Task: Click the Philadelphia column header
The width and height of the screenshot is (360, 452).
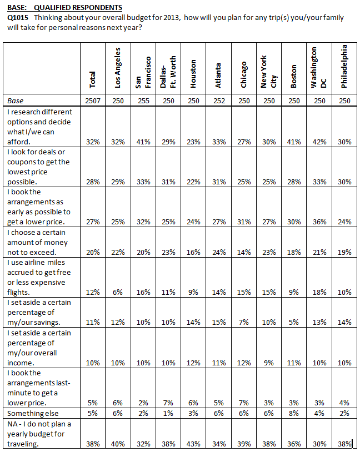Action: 344,66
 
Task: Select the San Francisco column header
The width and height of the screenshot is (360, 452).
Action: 143,72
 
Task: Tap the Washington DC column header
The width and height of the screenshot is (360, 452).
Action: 318,67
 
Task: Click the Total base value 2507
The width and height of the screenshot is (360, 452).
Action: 93,101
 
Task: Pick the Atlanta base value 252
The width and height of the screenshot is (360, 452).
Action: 219,101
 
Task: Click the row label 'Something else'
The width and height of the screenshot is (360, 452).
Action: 33,413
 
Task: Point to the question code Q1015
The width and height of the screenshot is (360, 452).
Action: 18,18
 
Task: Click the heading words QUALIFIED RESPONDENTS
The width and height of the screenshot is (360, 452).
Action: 78,7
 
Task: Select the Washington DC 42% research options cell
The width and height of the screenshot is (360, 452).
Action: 319,142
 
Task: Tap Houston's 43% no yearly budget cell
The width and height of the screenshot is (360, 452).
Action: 193,444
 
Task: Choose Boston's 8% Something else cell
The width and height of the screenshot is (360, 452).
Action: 294,413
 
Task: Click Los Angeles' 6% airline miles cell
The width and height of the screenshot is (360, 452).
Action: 118,292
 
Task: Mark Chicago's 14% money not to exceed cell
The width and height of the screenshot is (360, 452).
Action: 244,252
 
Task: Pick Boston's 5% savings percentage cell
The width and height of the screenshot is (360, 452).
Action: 294,322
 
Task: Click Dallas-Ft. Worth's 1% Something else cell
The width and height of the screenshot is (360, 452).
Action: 168,413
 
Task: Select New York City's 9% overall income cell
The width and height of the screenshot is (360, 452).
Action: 268,363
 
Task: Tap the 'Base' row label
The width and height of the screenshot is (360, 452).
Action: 16,101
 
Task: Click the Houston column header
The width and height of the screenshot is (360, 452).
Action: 193,74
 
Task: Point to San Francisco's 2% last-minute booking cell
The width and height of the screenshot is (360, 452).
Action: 143,403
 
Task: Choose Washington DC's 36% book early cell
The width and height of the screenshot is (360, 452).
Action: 319,222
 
